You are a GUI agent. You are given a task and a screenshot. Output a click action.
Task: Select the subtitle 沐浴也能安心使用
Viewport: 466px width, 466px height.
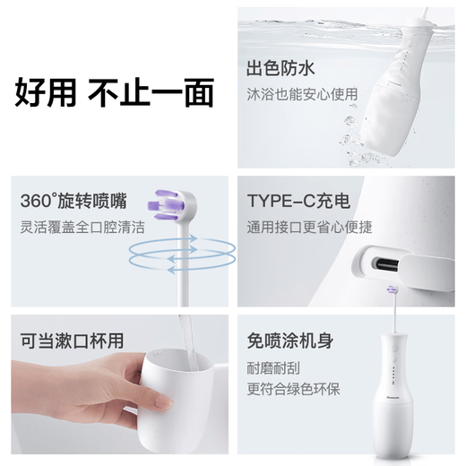click(301, 93)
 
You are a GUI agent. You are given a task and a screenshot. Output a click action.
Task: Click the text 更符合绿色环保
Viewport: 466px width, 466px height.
click(293, 389)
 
